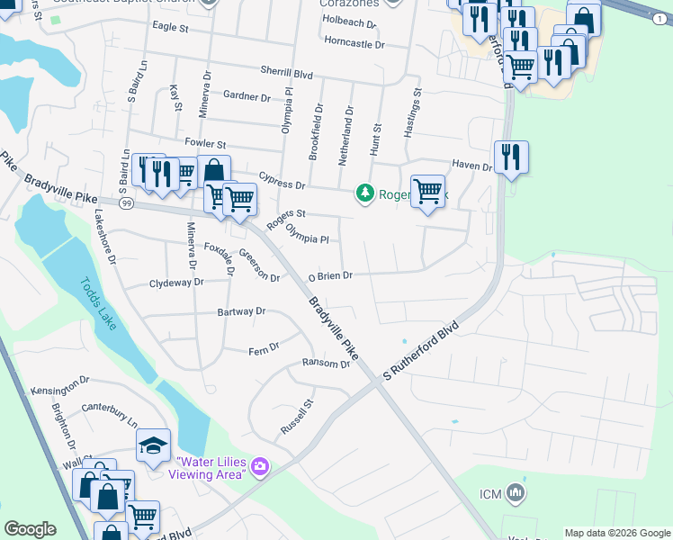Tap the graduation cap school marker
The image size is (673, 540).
153,445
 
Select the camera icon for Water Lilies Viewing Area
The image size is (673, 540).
261,465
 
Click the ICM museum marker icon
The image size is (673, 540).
516,492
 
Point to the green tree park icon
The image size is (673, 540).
364,193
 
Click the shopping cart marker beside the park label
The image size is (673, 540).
428,192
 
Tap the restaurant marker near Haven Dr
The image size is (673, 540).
511,157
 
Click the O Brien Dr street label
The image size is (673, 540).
329,276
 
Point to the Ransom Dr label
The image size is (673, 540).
326,364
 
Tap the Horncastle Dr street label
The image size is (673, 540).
354,43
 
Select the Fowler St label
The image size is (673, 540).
204,143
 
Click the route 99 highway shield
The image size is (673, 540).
127,204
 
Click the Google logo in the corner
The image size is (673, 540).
31,529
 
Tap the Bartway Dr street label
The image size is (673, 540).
241,311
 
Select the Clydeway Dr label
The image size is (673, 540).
176,282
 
